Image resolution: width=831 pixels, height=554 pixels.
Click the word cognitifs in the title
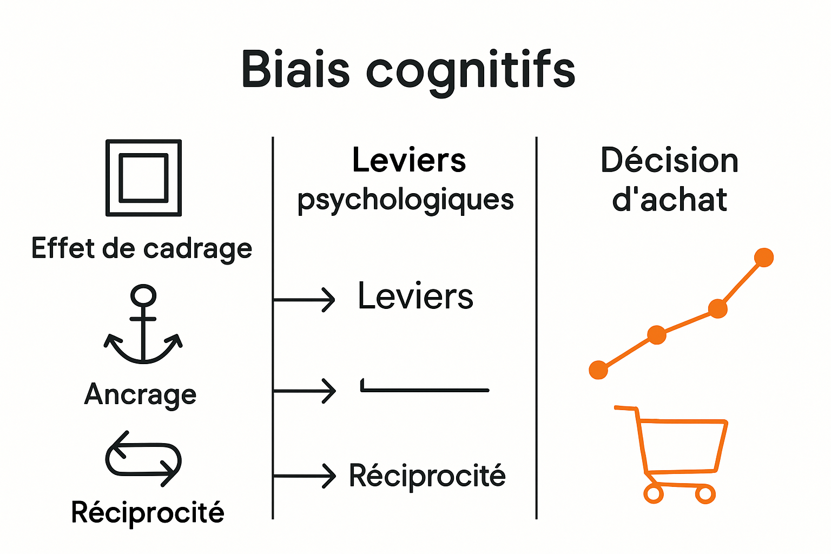click(x=471, y=71)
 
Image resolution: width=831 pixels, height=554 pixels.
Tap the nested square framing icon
click(x=143, y=177)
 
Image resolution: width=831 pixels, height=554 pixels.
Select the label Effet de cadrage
click(x=142, y=249)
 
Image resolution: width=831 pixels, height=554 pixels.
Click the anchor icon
click(x=143, y=325)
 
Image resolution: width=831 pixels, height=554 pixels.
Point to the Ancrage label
click(x=141, y=395)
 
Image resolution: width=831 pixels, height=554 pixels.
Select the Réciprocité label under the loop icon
click(x=148, y=512)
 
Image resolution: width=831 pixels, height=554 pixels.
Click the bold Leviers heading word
click(x=409, y=160)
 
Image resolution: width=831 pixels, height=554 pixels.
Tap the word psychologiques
click(x=406, y=200)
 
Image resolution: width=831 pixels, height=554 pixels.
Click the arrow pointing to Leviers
click(x=304, y=299)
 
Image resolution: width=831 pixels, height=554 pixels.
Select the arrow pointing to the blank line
click(x=304, y=390)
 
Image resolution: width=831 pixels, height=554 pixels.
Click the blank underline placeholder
click(x=425, y=389)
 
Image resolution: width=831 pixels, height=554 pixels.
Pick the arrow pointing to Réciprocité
click(x=304, y=476)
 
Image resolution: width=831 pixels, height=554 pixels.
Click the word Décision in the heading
click(x=670, y=161)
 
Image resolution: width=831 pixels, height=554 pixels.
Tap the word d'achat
click(x=670, y=200)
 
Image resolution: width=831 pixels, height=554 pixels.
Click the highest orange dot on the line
click(x=763, y=258)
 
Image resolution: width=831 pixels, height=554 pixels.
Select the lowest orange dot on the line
click(x=598, y=370)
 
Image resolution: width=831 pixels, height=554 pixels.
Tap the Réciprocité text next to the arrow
click(x=427, y=476)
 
